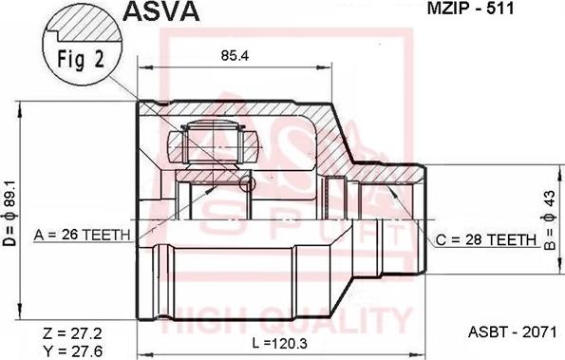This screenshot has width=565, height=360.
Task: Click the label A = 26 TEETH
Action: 83,235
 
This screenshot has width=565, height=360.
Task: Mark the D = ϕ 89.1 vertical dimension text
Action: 10,214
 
